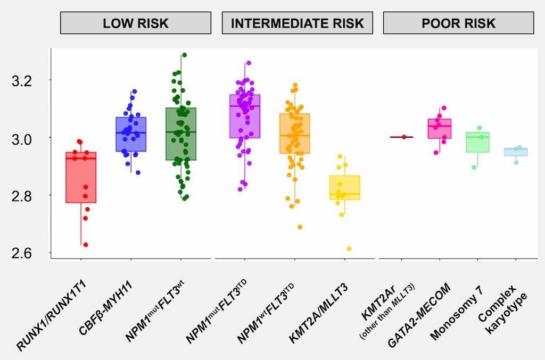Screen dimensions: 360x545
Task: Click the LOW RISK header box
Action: click(135, 23)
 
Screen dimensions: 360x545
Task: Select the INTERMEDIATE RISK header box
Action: click(297, 23)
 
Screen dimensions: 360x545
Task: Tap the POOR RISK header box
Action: click(458, 23)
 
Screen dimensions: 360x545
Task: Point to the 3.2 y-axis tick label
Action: click(23, 81)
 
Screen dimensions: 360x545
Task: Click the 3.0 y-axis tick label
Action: click(23, 138)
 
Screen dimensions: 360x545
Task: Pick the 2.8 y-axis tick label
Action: click(23, 196)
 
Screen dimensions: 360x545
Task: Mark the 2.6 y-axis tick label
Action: click(23, 253)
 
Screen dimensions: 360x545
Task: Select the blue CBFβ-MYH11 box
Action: click(131, 134)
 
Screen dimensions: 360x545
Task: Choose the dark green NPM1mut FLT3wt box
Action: click(181, 133)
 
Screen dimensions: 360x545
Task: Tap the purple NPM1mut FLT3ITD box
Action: click(245, 116)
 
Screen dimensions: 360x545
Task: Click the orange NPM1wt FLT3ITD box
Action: click(294, 133)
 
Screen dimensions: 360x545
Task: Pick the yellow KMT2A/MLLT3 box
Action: click(344, 187)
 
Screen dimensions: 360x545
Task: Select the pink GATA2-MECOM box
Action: click(440, 129)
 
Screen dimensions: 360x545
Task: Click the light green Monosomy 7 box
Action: click(477, 142)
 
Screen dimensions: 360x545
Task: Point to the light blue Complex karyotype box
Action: click(515, 152)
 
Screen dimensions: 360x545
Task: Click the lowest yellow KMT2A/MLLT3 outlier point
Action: click(349, 249)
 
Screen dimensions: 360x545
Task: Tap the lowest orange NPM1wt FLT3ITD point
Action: click(300, 227)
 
